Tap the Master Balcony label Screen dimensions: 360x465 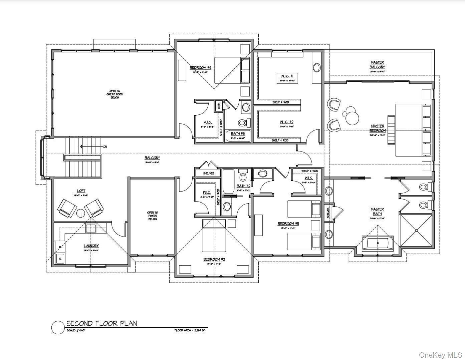377,65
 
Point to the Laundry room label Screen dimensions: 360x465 91,246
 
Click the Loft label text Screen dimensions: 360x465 81,191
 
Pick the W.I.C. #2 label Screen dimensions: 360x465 287,122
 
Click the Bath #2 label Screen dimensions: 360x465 243,186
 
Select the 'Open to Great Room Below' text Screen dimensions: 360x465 115,94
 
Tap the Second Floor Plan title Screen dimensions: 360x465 101,323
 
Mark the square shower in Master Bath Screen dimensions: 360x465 416,231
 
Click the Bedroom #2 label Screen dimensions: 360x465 214,259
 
